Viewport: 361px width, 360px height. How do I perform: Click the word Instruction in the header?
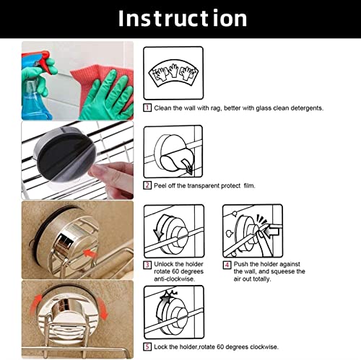pyautogui.click(x=183, y=18)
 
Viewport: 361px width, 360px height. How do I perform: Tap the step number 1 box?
pyautogui.click(x=147, y=107)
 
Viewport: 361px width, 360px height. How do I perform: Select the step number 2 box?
pyautogui.click(x=147, y=185)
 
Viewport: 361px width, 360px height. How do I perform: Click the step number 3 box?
pyautogui.click(x=147, y=265)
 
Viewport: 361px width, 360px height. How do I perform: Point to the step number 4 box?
pyautogui.click(x=227, y=265)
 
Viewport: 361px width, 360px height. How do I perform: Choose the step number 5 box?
pyautogui.click(x=147, y=347)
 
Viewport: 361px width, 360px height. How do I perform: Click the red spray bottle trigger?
pyautogui.click(x=45, y=61)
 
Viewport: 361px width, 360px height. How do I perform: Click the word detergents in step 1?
pyautogui.click(x=307, y=108)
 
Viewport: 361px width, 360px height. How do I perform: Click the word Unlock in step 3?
pyautogui.click(x=162, y=264)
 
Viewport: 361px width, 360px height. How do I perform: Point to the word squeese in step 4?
pyautogui.click(x=282, y=271)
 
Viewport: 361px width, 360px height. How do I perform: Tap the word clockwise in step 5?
pyautogui.click(x=264, y=347)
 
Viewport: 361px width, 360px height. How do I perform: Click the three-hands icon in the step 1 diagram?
pyautogui.click(x=173, y=72)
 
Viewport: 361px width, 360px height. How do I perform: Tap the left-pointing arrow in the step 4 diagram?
pyautogui.click(x=271, y=232)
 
